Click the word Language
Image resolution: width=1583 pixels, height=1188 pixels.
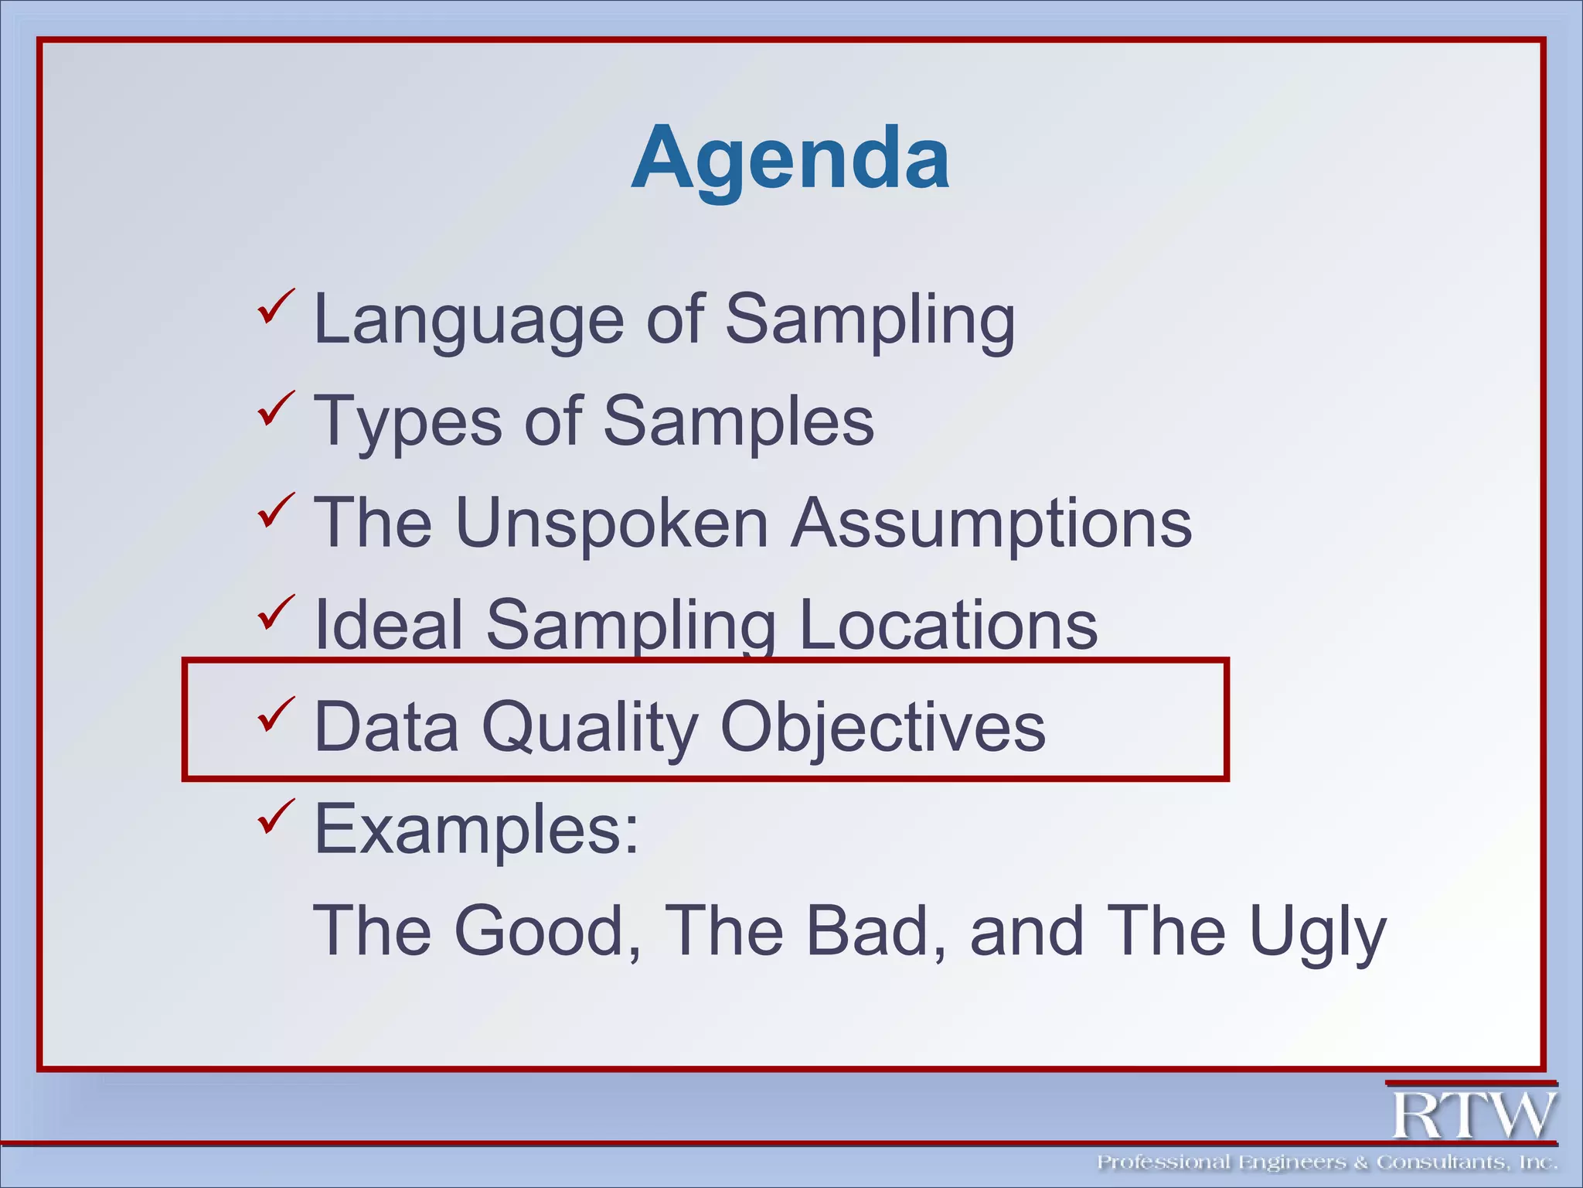coord(468,319)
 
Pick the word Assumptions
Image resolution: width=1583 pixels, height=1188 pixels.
coord(992,524)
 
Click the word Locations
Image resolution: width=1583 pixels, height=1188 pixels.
coord(948,625)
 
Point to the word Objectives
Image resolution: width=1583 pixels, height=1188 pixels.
coord(883,727)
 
